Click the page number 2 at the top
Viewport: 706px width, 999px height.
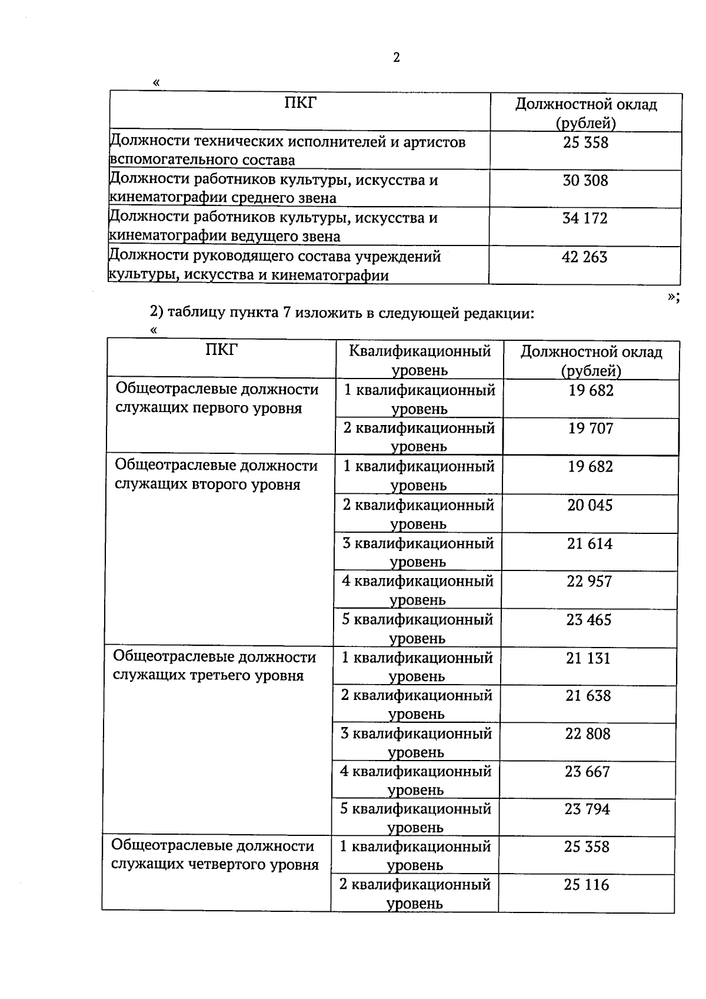pos(396,57)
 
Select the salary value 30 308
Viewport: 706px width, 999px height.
pos(585,181)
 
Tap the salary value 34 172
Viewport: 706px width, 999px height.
pos(585,218)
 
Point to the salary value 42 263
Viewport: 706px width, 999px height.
pos(585,257)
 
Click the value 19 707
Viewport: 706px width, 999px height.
pos(591,429)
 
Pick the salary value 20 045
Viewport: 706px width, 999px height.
pos(590,505)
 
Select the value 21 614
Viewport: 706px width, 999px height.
pos(590,543)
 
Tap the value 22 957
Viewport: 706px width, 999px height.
pos(589,582)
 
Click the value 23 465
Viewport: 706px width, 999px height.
pos(589,620)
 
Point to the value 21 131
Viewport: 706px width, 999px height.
pos(588,658)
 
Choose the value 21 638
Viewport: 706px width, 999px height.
pos(588,696)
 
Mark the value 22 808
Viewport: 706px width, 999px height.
pos(588,734)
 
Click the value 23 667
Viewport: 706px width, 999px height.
pos(588,772)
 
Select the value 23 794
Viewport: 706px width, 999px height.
pos(587,809)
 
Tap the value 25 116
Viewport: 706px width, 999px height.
pos(587,885)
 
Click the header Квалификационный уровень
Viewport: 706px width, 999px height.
pos(419,360)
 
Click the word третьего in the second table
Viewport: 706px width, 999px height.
pos(221,675)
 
